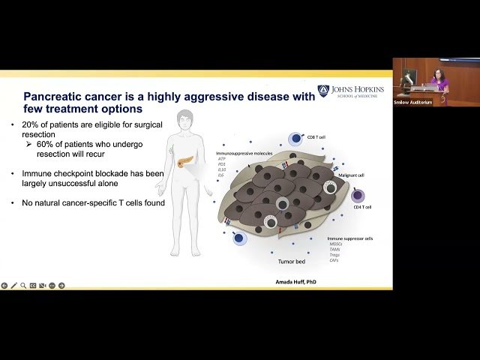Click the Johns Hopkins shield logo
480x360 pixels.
point(323,90)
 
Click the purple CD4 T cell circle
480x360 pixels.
point(358,196)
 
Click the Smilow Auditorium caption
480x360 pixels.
point(413,102)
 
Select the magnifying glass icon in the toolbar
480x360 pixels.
point(23,286)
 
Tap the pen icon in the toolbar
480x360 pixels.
point(14,286)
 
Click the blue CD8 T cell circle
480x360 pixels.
point(295,139)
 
